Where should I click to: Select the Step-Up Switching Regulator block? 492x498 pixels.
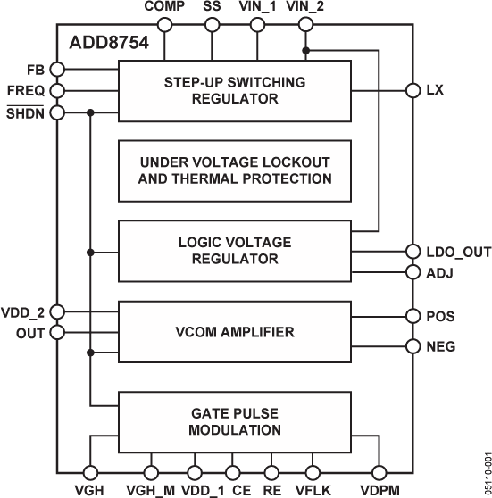[x=235, y=90]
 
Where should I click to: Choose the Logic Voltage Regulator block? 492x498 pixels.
[x=235, y=251]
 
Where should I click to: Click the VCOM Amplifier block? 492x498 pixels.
[x=235, y=332]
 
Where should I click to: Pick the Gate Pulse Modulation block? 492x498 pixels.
[x=235, y=420]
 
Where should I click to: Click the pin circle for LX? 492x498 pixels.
[x=412, y=90]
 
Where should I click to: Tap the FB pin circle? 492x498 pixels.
[x=58, y=68]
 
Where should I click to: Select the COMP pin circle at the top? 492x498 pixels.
[x=163, y=25]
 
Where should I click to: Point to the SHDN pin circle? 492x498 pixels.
[x=58, y=112]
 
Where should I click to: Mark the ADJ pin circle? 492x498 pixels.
[x=412, y=272]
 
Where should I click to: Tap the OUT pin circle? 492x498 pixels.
[x=58, y=333]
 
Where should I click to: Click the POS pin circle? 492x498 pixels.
[x=412, y=316]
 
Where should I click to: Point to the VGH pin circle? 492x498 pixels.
[x=89, y=473]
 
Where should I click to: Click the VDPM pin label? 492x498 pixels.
[x=379, y=490]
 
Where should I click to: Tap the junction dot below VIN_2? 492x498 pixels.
[x=306, y=49]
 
